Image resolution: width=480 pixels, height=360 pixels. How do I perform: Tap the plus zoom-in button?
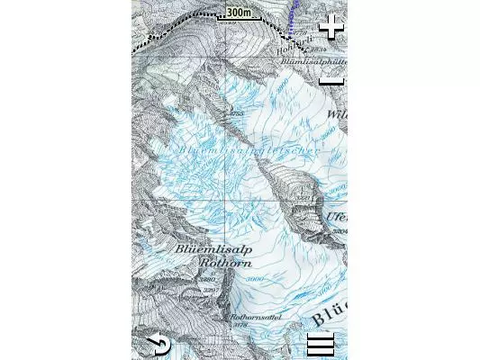coord(332,27)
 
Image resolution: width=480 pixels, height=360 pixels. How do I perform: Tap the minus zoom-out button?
coord(332,81)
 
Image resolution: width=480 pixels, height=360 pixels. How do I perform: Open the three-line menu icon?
coord(320,344)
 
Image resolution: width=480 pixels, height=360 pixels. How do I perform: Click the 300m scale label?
coord(239,13)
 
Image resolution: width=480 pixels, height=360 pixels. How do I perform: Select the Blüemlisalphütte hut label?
coord(314,60)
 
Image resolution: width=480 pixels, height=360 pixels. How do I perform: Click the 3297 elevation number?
coord(211,290)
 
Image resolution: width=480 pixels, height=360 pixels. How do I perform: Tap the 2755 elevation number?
coord(238,114)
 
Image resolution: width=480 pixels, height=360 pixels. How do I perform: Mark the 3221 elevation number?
coord(303,198)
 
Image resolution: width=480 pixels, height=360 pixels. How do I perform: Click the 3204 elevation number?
coord(340,230)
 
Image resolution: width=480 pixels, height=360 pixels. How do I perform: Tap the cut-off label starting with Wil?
coord(337,115)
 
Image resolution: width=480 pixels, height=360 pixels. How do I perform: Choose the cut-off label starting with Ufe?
coord(338,217)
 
